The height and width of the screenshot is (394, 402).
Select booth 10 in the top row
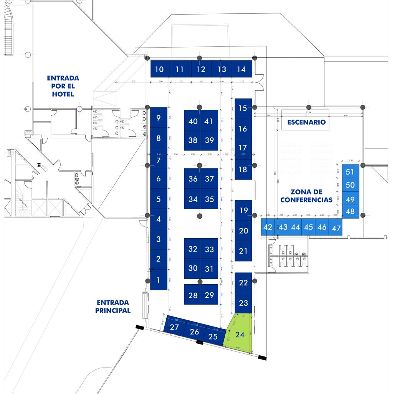tap(159, 69)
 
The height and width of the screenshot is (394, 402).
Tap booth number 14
tap(241, 69)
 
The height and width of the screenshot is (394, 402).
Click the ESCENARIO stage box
tap(305, 122)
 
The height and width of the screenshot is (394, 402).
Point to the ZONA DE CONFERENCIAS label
tap(306, 196)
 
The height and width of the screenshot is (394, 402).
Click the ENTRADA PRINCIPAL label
tap(113, 306)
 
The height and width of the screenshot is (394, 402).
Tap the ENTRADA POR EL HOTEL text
tap(60, 86)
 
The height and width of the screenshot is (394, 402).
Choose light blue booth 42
tap(268, 227)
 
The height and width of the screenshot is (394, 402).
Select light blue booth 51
tap(350, 171)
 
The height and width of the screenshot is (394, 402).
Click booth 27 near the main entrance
tap(174, 327)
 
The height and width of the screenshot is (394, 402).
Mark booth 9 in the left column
tap(159, 118)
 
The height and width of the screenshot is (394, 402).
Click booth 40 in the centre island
tap(193, 121)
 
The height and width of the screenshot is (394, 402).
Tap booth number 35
tap(209, 199)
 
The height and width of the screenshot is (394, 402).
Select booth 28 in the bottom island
tap(193, 295)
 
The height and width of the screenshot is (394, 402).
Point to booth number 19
tap(243, 210)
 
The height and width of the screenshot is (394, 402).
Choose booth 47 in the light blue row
tap(336, 228)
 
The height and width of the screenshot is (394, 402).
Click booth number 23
tap(243, 303)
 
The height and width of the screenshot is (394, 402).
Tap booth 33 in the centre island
tap(209, 249)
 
